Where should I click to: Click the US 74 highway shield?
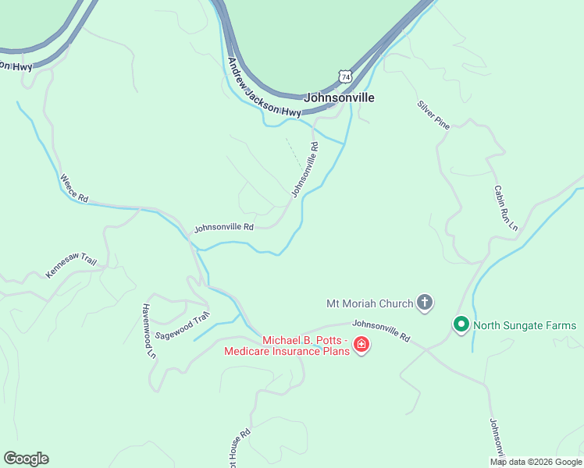[x=346, y=76]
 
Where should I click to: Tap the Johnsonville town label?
[x=338, y=98]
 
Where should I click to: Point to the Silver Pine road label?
[x=433, y=114]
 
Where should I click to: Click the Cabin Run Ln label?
[x=505, y=207]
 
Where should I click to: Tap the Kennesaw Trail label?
[x=71, y=264]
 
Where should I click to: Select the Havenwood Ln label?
[x=148, y=331]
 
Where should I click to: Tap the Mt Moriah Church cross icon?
[x=425, y=302]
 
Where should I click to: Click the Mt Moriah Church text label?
[x=370, y=303]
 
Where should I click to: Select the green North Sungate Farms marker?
[x=461, y=324]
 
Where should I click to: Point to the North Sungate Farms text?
[x=525, y=325]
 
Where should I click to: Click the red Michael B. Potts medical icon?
[x=361, y=345]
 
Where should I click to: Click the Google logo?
[x=26, y=459]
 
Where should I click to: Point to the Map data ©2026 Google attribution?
[x=536, y=462]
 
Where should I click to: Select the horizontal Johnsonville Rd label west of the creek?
[x=224, y=228]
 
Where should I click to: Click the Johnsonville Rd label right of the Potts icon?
[x=381, y=331]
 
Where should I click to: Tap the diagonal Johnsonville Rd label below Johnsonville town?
[x=305, y=169]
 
